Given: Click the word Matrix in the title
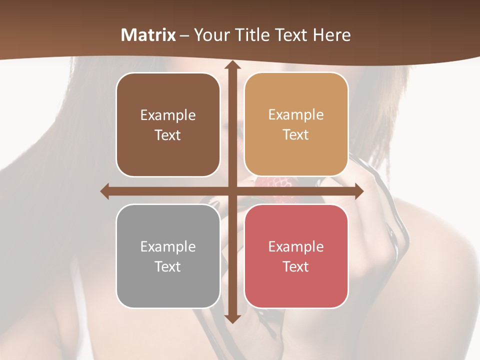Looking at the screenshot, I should click(148, 35).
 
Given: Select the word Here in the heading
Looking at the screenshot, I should click(331, 35).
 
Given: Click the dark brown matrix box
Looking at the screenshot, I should click(168, 124).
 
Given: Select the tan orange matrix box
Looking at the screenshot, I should click(296, 124).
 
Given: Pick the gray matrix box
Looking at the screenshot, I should click(168, 256).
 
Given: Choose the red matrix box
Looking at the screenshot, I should click(296, 256).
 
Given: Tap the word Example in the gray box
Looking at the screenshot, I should click(168, 246).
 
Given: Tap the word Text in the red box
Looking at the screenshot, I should click(296, 266).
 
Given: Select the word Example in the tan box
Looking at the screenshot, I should click(296, 115).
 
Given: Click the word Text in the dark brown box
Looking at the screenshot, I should click(168, 135).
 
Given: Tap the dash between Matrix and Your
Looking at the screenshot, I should click(184, 35).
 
